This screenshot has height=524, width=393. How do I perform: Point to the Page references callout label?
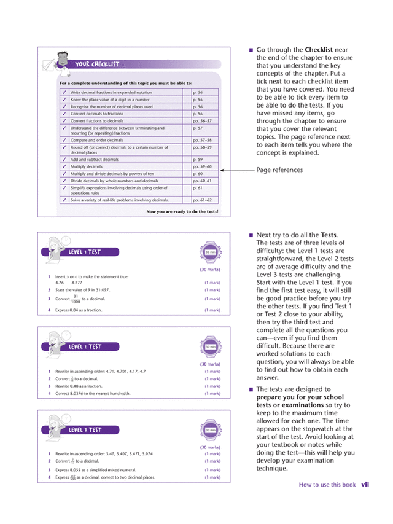tap(279, 170)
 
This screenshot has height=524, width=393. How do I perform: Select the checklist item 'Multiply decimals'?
tap(87, 166)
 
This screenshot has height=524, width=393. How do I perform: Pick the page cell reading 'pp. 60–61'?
tap(202, 181)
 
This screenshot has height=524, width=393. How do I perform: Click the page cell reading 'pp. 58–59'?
tap(202, 148)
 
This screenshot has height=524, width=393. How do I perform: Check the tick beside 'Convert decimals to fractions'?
tap(64, 114)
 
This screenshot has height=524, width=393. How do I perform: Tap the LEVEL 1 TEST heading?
tap(85, 252)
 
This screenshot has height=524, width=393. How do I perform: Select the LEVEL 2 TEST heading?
tap(85, 347)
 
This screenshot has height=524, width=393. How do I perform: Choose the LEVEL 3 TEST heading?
tap(85, 430)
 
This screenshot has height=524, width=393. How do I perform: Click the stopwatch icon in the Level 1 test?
tap(210, 252)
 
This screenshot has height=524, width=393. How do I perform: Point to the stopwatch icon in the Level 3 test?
tap(210, 430)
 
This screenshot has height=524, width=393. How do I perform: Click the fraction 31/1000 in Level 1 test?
tap(75, 299)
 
